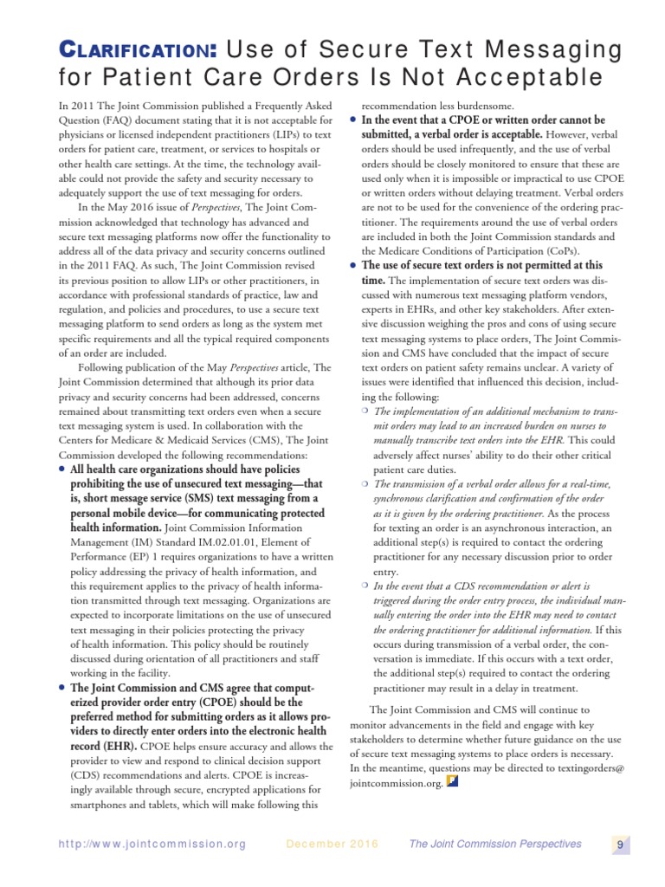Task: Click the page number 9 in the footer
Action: point(620,845)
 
